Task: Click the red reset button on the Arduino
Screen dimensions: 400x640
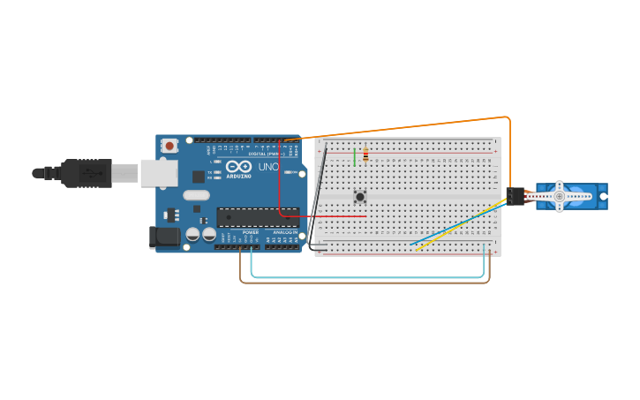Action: (x=169, y=146)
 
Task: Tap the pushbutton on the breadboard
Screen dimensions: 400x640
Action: (x=359, y=196)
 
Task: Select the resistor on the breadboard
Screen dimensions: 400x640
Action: (x=365, y=155)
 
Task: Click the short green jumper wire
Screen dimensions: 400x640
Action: (x=355, y=157)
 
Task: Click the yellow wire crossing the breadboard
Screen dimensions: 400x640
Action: (x=459, y=227)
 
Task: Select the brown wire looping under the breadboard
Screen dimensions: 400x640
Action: (x=362, y=283)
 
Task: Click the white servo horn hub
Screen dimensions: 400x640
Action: (x=559, y=196)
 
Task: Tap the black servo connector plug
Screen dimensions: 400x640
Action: (x=514, y=196)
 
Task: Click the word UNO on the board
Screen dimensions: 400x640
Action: (x=268, y=166)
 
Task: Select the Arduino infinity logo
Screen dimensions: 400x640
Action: (x=238, y=166)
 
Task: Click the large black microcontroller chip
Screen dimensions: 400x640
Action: (x=257, y=216)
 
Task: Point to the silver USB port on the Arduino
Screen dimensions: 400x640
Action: (x=159, y=173)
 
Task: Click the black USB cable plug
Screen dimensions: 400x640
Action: (x=87, y=173)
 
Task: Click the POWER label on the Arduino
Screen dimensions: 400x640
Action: (x=251, y=232)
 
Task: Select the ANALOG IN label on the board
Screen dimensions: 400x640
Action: (x=285, y=232)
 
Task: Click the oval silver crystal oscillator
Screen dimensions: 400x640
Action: (x=197, y=195)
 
